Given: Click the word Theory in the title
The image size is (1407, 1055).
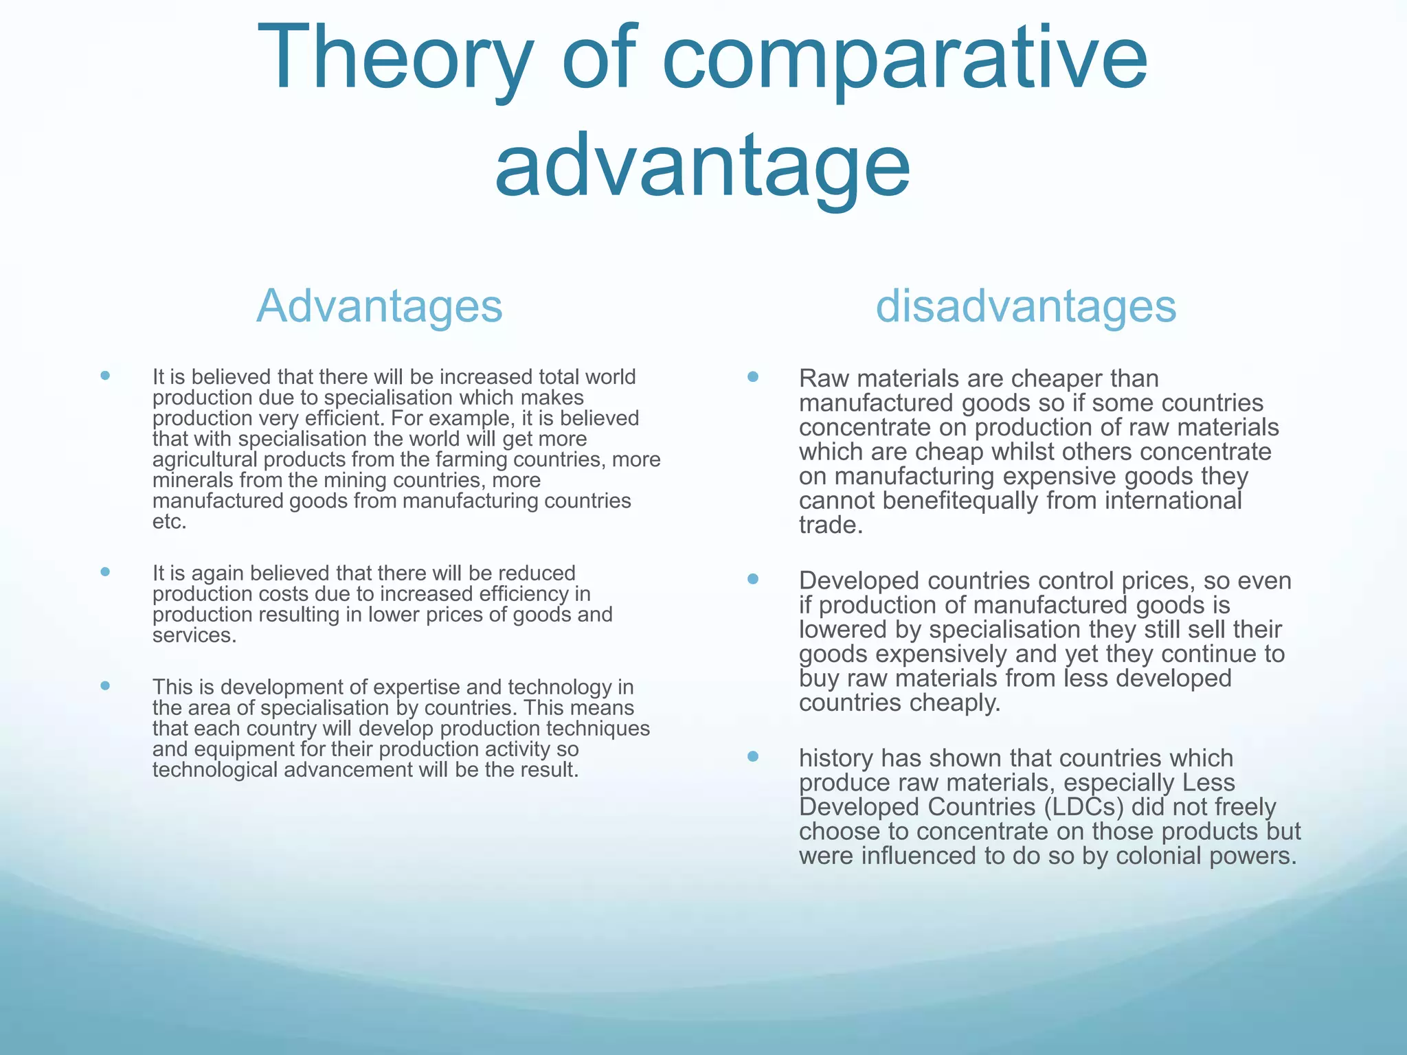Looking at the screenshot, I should [394, 58].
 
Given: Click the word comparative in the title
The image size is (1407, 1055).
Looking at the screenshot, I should [905, 58].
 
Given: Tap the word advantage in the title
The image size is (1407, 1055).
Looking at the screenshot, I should [702, 166].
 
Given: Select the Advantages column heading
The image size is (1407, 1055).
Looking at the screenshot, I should [379, 306].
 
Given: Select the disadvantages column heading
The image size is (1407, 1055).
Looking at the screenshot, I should [1026, 306].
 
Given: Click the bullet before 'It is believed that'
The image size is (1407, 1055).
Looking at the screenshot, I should [105, 376].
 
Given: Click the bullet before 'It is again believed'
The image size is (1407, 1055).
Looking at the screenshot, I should [105, 571].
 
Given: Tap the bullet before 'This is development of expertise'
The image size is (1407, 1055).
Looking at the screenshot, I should [105, 685].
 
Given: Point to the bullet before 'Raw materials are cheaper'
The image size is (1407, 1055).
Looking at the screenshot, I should [753, 377].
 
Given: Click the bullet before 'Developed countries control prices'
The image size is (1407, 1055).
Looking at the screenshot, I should [753, 579].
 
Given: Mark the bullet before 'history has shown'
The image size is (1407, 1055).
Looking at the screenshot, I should [753, 757].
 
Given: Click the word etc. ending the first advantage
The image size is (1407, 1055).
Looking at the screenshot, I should [169, 522].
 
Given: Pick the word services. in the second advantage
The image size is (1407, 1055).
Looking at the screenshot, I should [194, 635].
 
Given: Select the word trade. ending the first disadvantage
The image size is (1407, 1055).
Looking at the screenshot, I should [831, 525].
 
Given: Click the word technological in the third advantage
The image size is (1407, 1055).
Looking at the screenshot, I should [215, 770].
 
